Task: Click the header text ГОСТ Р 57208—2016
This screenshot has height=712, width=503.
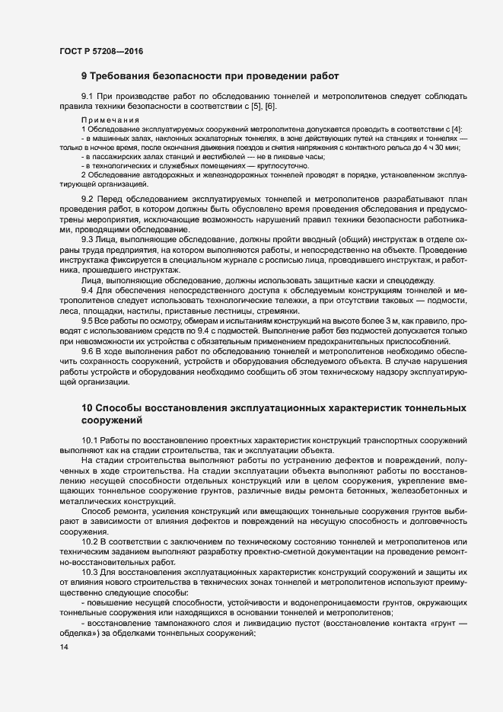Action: point(100,52)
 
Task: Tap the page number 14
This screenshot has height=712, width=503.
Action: point(62,647)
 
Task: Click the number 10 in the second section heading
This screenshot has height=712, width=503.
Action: point(87,408)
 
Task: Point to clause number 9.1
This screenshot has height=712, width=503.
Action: point(88,97)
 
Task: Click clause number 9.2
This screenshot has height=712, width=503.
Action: point(88,199)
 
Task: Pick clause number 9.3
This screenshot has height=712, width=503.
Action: point(88,240)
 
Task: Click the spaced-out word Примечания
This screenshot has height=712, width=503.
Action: point(111,120)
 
